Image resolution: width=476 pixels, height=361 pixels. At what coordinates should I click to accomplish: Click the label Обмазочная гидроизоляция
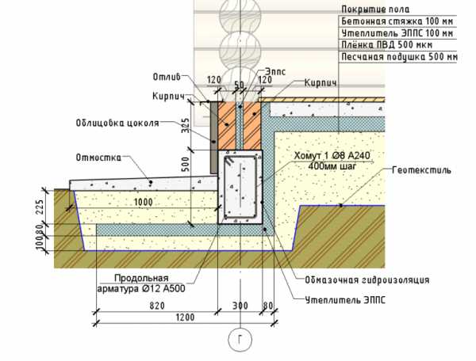pos(367,280)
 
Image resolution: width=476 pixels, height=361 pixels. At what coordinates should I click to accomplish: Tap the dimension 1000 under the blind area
pos(144,203)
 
